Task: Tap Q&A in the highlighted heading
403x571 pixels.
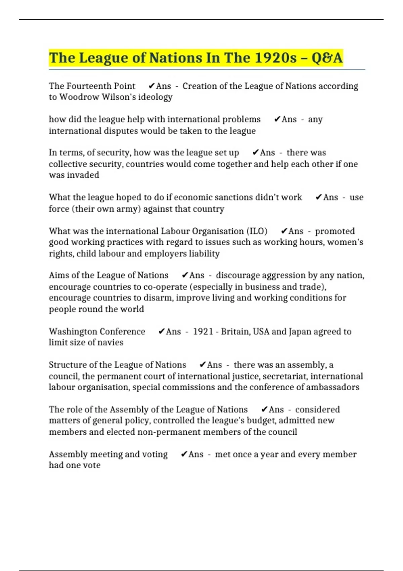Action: pos(327,58)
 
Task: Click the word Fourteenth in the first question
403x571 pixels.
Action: pos(92,86)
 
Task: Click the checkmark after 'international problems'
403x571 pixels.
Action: pos(277,119)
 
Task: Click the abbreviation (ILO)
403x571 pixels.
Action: pos(257,231)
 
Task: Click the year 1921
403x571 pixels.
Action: pos(203,332)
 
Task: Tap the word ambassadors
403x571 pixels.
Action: pos(332,387)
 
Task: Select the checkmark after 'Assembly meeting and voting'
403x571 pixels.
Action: pos(184,454)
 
